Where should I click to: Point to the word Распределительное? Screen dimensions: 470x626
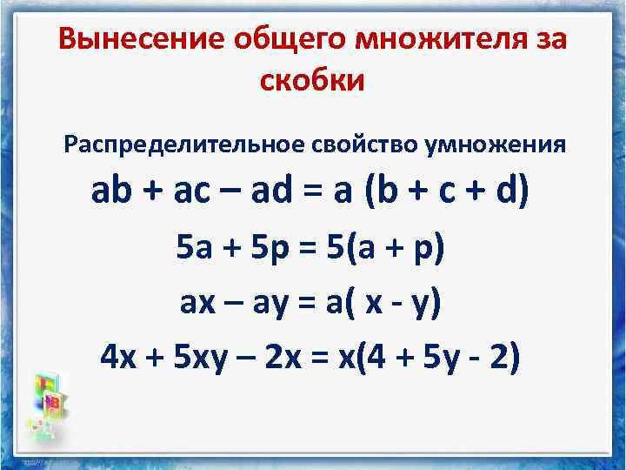(183, 143)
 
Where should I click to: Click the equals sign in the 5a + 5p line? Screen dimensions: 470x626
(308, 251)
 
